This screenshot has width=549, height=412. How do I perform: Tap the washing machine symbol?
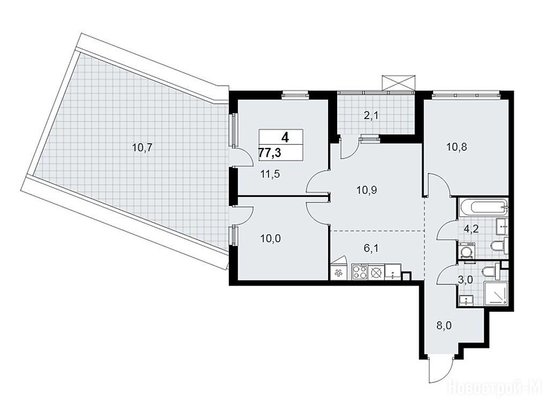coord(466,251)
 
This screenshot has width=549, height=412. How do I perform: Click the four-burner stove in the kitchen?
coord(360,272)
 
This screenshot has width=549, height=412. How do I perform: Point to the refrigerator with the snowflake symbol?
coord(338,273)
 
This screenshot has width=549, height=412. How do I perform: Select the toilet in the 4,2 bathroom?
coord(498,246)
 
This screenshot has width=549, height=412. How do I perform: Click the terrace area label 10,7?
coord(142,148)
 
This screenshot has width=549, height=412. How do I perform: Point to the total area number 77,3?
coord(270,153)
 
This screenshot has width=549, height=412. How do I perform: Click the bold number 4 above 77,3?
coord(285,137)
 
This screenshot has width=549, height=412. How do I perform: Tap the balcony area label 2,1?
coord(371,116)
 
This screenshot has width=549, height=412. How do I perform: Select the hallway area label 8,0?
coord(443,326)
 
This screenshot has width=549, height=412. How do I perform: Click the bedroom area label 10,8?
coord(457,147)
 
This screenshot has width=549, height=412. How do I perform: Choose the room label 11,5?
coord(270,174)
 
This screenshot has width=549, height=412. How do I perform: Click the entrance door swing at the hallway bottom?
coord(442,371)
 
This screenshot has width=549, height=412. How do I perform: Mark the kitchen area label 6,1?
coord(372,248)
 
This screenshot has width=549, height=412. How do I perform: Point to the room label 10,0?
coord(270,239)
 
